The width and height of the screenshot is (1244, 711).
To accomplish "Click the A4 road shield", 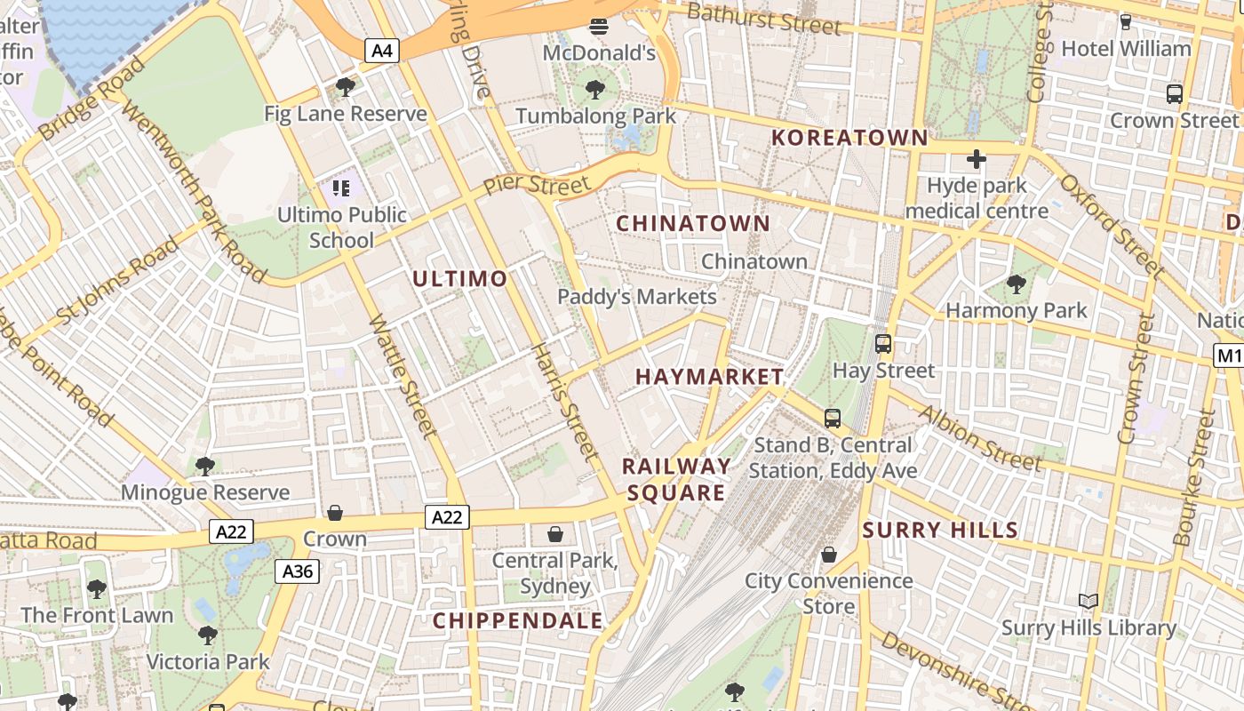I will pyautogui.click(x=381, y=51).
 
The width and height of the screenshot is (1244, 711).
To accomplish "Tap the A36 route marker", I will pyautogui.click(x=297, y=571).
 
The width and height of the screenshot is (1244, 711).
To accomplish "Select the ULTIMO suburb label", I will pyautogui.click(x=459, y=279).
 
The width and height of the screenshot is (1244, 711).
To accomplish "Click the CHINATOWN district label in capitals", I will pyautogui.click(x=693, y=223).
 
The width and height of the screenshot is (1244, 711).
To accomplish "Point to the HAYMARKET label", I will pyautogui.click(x=710, y=377).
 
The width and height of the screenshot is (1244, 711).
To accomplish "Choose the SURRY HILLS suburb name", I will pyautogui.click(x=940, y=531).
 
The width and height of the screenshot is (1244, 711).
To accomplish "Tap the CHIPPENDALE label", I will pyautogui.click(x=518, y=620).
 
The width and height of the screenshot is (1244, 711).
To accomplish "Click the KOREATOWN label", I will pyautogui.click(x=849, y=138).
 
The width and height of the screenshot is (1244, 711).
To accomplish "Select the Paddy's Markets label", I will pyautogui.click(x=637, y=297).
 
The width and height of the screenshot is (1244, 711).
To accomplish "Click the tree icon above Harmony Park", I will pyautogui.click(x=1016, y=284).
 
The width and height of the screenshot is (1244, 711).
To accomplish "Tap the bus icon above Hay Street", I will pyautogui.click(x=882, y=343).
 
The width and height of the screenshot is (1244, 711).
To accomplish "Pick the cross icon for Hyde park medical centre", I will pyautogui.click(x=977, y=160).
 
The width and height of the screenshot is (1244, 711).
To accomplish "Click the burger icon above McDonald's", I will pyautogui.click(x=599, y=26).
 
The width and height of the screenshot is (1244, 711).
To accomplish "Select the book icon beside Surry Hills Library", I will pyautogui.click(x=1088, y=602).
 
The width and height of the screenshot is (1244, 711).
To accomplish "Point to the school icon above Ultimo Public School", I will pyautogui.click(x=342, y=188).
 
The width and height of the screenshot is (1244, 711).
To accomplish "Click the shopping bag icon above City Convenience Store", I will pyautogui.click(x=828, y=555).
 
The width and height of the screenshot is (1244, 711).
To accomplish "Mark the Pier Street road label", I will pyautogui.click(x=536, y=186).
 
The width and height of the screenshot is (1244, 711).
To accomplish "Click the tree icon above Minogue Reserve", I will pyautogui.click(x=205, y=466).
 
